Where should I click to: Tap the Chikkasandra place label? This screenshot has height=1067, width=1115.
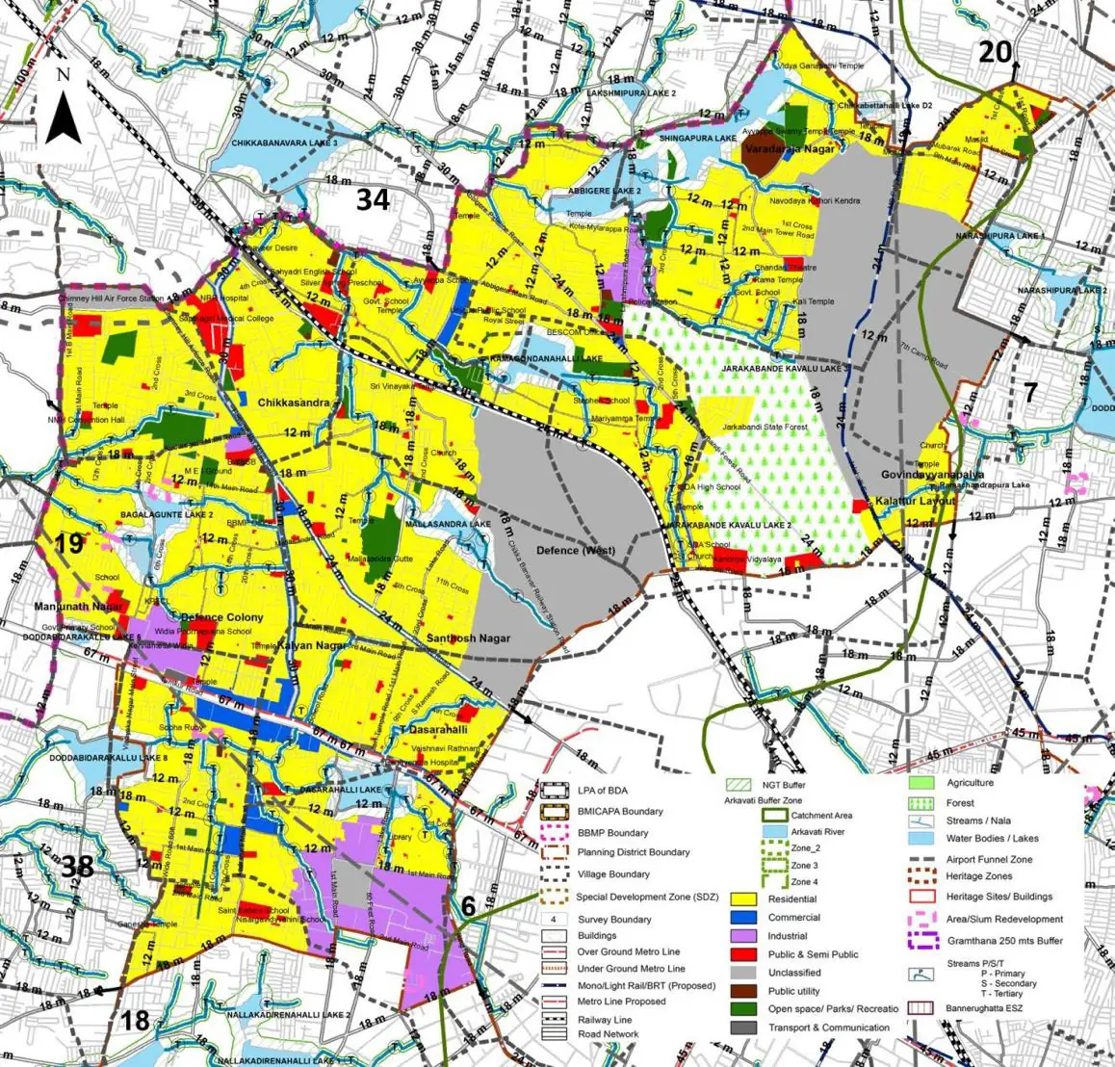coord(294,405)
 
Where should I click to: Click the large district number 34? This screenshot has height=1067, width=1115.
coord(373,199)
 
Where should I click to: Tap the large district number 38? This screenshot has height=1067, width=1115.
coord(77,867)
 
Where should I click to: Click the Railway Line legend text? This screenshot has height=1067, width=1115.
coord(605,1019)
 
